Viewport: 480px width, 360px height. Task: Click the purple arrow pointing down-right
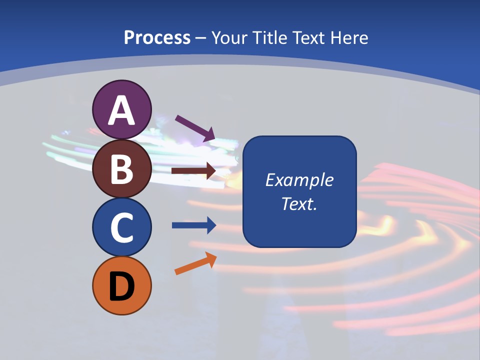click(195, 127)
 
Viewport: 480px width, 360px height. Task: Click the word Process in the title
click(157, 37)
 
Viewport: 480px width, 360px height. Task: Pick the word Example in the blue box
click(299, 180)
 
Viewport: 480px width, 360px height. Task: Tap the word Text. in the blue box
click(299, 204)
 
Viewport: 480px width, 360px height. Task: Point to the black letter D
click(121, 286)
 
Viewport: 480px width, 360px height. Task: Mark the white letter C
click(121, 228)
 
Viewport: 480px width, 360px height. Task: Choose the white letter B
click(121, 169)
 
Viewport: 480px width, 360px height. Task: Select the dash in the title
click(200, 38)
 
